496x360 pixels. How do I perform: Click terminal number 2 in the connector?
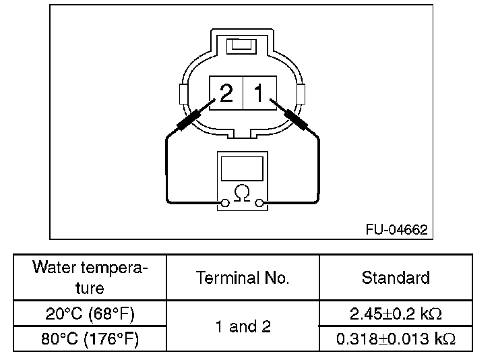(x=226, y=93)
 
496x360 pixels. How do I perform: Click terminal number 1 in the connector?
(x=259, y=93)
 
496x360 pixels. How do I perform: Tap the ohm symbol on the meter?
(x=242, y=193)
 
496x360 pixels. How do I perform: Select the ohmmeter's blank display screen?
(x=242, y=169)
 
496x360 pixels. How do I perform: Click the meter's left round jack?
(x=225, y=203)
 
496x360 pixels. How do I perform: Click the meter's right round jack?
(x=259, y=203)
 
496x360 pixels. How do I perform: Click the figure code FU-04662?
(x=397, y=230)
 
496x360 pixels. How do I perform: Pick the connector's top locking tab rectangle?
(x=242, y=47)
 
